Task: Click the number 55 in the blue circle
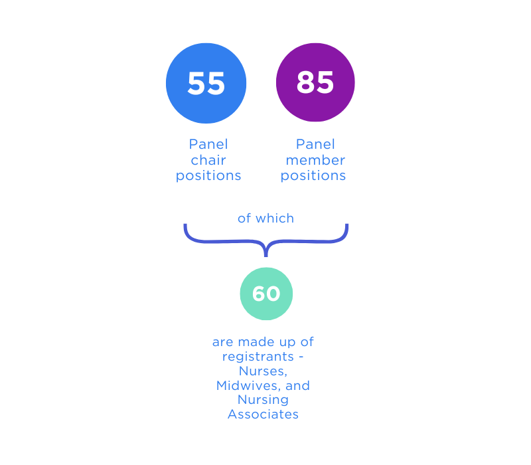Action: (206, 84)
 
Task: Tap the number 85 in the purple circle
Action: (315, 82)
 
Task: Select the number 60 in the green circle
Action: (266, 294)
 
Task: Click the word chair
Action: (208, 160)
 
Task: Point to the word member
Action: (315, 160)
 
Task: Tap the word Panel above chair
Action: (208, 144)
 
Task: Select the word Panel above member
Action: (315, 144)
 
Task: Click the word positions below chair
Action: (208, 176)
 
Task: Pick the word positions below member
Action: (313, 176)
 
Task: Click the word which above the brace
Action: (275, 219)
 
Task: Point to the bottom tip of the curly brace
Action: (266, 256)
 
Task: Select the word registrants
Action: (258, 357)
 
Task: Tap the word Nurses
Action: (263, 371)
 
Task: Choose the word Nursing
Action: (263, 400)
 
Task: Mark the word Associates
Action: (263, 415)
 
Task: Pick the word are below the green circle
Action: (223, 342)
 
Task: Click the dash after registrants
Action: (301, 357)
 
